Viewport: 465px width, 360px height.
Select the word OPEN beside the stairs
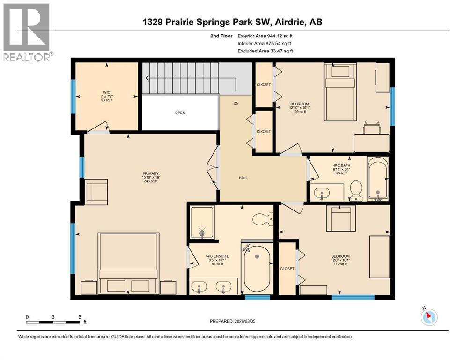click(x=180, y=113)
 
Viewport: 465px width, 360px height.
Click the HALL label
click(x=243, y=178)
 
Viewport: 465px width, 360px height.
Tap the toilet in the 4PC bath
click(x=356, y=190)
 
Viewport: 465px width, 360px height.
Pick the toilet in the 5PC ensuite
click(x=259, y=219)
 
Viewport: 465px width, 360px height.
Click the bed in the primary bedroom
click(x=127, y=262)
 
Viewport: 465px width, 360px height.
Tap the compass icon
click(x=429, y=318)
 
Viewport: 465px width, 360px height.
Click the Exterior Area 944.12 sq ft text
click(x=266, y=36)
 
